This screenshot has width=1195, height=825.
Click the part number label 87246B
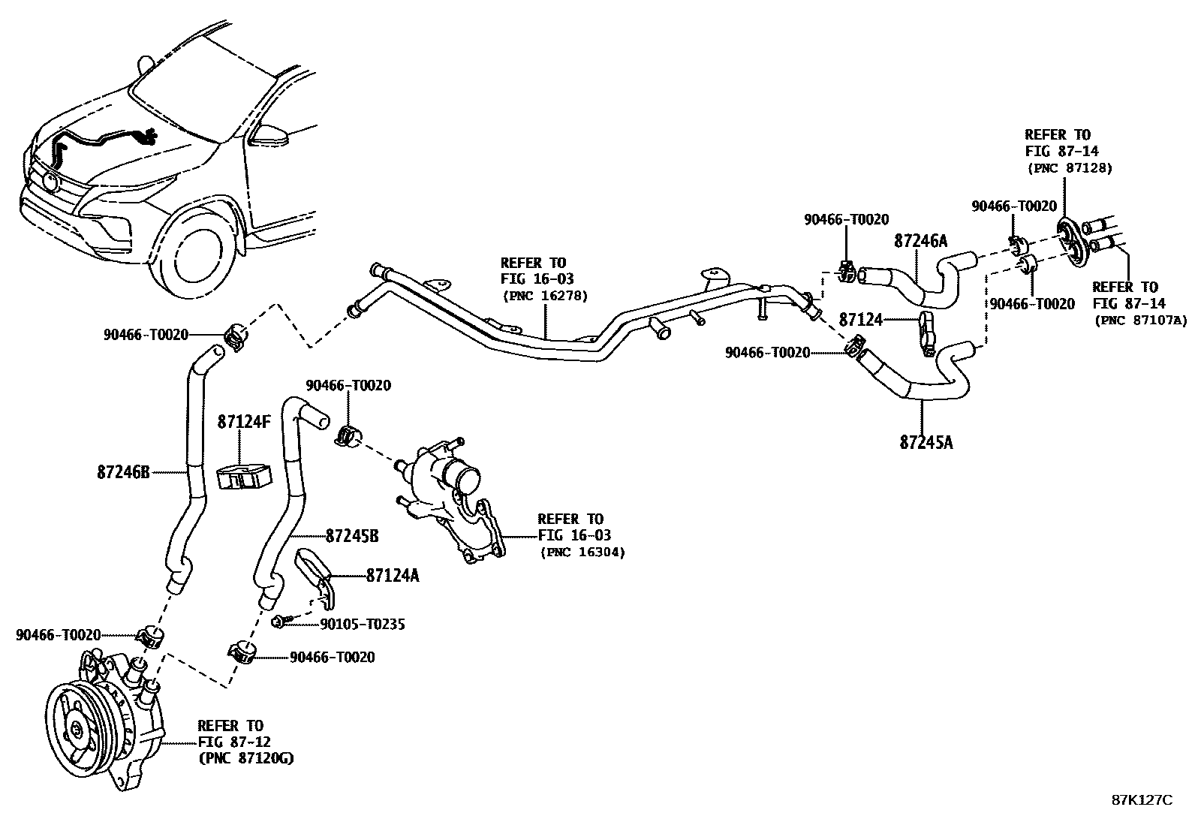point(123,472)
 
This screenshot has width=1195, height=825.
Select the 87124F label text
point(244,422)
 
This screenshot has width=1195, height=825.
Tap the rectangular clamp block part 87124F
point(243,477)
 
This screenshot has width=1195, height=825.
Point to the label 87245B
point(351,536)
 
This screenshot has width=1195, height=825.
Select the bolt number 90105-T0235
point(363,624)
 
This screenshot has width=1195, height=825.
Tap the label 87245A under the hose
point(926,442)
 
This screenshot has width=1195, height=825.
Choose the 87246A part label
point(920,241)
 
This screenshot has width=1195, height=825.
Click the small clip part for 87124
point(925,331)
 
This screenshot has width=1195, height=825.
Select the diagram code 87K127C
point(1142,800)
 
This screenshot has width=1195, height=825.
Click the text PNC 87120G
point(245,759)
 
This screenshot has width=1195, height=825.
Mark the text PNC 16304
point(582,552)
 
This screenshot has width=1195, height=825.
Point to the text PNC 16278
point(545,296)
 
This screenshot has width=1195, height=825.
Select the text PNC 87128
point(1069,167)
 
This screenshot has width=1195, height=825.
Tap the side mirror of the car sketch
point(269,136)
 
